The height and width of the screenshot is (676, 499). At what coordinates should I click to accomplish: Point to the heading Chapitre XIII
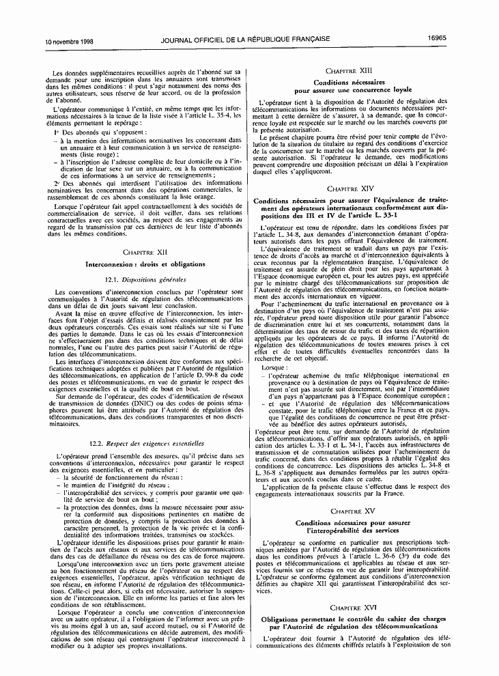point(353,70)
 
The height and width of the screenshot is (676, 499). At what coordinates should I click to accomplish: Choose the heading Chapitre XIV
point(353,187)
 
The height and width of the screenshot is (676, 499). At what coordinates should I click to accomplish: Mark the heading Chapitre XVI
point(353,606)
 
